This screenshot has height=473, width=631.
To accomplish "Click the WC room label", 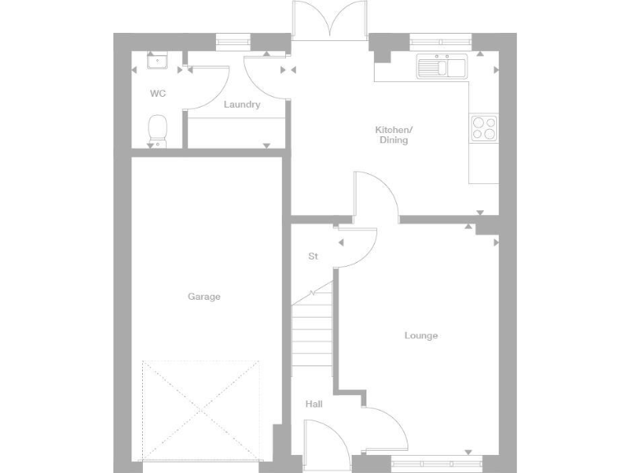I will click(158, 94).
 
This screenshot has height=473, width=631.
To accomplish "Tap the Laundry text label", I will click(242, 104).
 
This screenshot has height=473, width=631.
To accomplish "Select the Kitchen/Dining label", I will click(394, 135).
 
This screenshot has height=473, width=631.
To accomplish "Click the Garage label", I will click(204, 296).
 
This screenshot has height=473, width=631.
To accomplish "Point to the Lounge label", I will click(421, 335).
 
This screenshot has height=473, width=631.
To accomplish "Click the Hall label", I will click(314, 404).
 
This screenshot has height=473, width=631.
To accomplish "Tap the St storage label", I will click(313, 256).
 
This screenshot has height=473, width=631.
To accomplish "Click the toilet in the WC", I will click(157, 130).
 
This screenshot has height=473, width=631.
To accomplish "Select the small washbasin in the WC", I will click(155, 60).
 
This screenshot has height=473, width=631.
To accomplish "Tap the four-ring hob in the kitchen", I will click(483, 127).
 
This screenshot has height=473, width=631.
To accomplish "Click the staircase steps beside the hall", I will click(312, 328).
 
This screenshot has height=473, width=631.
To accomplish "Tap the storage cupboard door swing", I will click(358, 246).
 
